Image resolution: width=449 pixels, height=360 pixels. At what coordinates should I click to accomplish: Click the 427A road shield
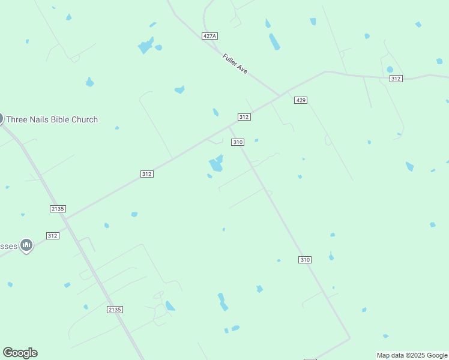point(209,36)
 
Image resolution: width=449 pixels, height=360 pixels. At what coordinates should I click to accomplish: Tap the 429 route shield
point(301,100)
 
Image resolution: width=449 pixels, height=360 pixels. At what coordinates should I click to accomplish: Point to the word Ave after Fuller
point(243,69)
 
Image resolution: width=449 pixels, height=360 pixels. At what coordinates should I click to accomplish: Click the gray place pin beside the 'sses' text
point(26,245)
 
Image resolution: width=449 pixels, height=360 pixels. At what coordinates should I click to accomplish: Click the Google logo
point(20,353)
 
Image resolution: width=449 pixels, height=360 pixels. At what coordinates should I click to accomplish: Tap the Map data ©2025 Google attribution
point(412,355)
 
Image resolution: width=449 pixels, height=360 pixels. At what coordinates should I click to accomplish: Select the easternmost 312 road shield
point(396,79)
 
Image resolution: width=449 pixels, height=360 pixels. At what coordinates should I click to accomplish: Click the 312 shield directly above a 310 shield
point(244,117)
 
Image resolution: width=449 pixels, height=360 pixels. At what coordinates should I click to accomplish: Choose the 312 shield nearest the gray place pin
point(53,236)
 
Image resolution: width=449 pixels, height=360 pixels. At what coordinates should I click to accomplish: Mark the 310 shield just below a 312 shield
point(238,142)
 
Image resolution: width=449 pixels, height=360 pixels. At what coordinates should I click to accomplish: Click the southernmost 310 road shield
point(305,260)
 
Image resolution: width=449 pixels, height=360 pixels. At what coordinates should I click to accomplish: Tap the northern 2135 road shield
point(57,208)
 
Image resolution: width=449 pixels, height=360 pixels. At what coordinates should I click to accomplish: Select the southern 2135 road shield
point(115,310)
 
